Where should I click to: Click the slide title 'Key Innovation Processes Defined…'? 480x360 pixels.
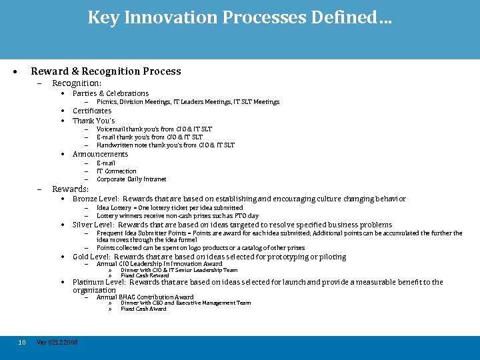coord(239,17)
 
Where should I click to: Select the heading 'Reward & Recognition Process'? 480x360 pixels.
coord(105,71)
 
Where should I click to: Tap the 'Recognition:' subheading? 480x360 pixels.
coord(77,83)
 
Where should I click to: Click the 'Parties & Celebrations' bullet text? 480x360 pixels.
coord(111,93)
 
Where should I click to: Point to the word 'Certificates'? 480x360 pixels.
coord(92,111)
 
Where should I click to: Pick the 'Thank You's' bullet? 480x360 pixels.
coord(93,121)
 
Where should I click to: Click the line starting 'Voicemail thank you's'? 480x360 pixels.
coord(154,129)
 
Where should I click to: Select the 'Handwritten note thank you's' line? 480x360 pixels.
coord(165,145)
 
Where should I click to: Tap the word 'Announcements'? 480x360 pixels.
coord(100,154)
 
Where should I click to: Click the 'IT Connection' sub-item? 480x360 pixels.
coord(116,171)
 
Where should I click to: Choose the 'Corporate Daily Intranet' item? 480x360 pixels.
coord(131,179)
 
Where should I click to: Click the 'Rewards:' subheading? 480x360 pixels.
coord(70,189)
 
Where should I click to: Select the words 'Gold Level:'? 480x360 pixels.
coord(91,257)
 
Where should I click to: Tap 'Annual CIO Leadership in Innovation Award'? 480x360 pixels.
coord(159,264)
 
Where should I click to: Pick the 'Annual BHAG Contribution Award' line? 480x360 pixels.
coord(145,297)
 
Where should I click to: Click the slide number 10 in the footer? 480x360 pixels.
coord(22,342)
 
